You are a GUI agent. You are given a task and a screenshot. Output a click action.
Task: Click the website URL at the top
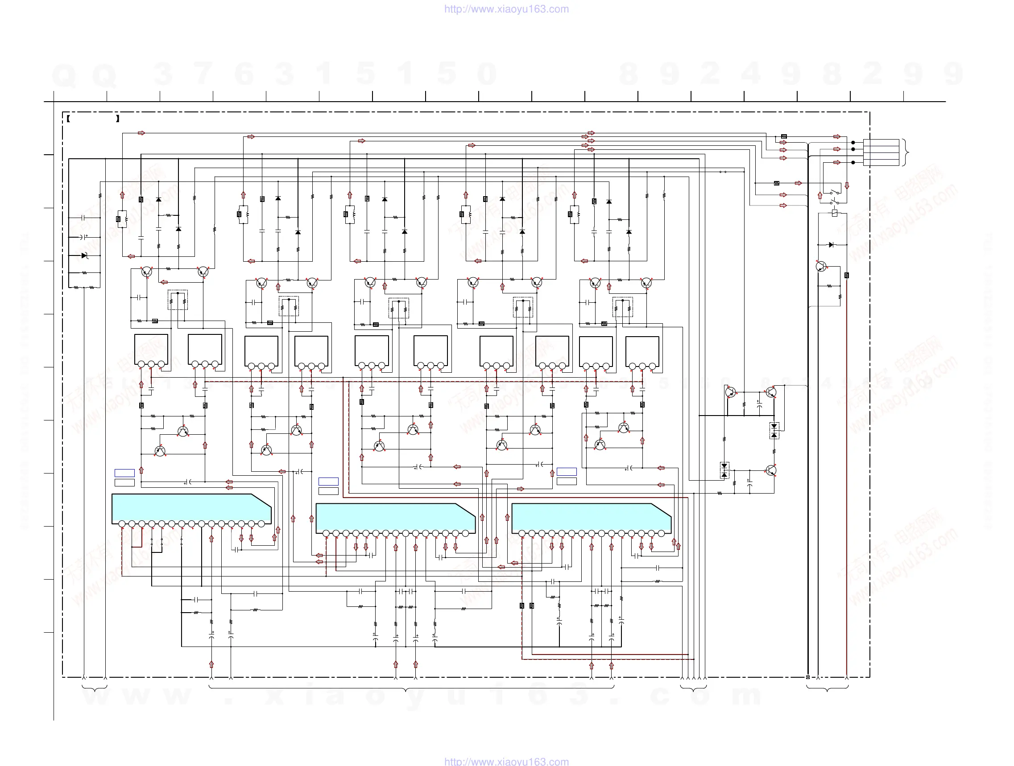[x=506, y=9]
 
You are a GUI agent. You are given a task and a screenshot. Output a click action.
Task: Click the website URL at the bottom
[x=506, y=761]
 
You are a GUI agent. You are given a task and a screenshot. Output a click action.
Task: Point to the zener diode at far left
[x=84, y=255]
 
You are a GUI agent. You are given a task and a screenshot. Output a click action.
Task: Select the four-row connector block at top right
[x=881, y=152]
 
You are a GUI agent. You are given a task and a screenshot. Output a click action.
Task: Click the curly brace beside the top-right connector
[x=905, y=152]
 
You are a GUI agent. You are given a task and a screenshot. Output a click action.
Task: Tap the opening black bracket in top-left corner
[x=68, y=119]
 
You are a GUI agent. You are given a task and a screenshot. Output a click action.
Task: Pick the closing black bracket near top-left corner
[x=118, y=119]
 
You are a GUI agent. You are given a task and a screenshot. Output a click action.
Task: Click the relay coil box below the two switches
[x=834, y=213]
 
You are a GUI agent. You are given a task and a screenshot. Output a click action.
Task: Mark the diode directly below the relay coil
[x=831, y=245]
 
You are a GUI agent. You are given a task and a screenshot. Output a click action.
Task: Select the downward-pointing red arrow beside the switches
[x=847, y=185]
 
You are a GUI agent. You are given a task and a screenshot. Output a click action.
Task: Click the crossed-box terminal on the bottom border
[x=808, y=677]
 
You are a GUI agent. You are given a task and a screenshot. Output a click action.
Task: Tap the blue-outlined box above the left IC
[x=124, y=473]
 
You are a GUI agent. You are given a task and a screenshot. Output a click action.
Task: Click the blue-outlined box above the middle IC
[x=328, y=481]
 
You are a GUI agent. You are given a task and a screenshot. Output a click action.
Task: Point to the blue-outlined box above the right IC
[x=566, y=471]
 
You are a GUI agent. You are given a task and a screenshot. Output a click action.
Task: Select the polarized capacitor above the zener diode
[x=84, y=237]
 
